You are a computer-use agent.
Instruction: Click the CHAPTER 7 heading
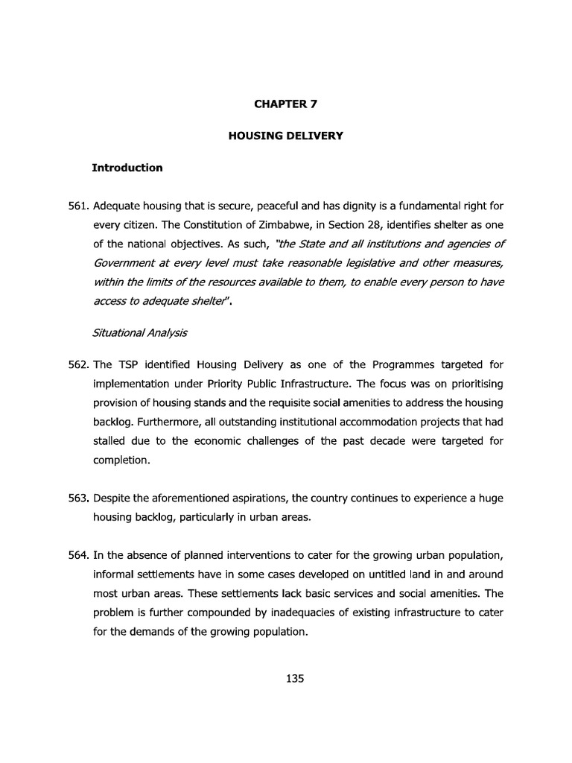pos(285,105)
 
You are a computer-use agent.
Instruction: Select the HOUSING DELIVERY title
pos(285,137)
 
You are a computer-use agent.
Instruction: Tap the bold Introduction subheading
pos(127,168)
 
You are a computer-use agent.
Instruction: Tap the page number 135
pos(285,679)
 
